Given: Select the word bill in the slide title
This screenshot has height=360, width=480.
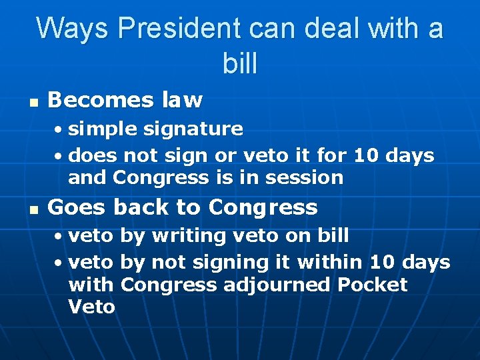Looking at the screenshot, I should pyautogui.click(x=239, y=63).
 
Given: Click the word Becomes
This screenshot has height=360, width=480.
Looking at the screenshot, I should pyautogui.click(x=101, y=100).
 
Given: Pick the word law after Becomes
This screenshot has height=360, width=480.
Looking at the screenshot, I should pyautogui.click(x=182, y=100).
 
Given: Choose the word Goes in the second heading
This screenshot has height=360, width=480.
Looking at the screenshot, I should pyautogui.click(x=76, y=207).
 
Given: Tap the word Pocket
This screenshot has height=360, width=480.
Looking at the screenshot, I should pyautogui.click(x=372, y=284).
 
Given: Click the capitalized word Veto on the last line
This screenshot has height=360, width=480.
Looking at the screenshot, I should pyautogui.click(x=91, y=307).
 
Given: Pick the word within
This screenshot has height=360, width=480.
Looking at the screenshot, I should pyautogui.click(x=327, y=262).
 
